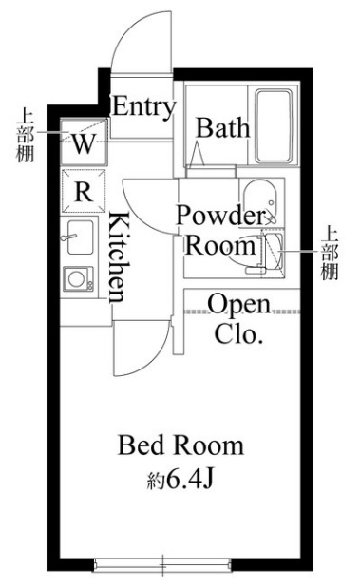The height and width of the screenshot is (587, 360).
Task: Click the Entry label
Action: [143, 106]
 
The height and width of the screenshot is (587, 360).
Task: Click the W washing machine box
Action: [84, 144]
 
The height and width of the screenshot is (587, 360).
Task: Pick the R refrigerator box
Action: [84, 191]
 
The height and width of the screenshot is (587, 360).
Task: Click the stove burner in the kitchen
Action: [77, 278]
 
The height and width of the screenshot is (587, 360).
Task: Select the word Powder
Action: [218, 215]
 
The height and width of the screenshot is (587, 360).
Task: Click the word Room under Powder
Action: [220, 245]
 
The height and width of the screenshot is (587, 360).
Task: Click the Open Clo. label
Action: [238, 319]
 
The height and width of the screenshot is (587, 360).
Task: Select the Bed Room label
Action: [180, 445]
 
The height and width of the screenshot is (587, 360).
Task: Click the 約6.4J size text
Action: [184, 480]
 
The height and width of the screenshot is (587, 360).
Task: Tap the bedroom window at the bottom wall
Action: [162, 564]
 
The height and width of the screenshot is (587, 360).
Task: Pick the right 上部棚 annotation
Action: [329, 253]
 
